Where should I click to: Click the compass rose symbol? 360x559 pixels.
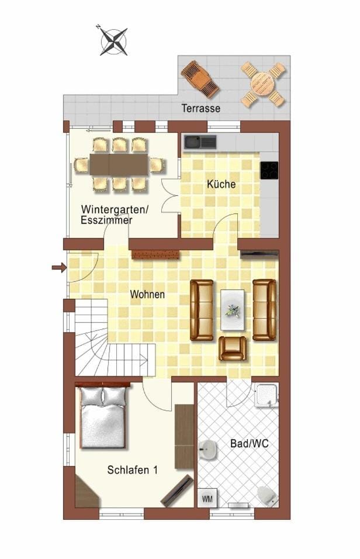coord(113,40)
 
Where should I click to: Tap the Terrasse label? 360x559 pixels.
coord(200,108)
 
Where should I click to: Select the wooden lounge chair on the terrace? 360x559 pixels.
coord(199,78)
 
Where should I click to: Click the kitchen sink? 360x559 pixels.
coord(199,142)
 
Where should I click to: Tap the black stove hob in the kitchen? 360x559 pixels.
coord(269,170)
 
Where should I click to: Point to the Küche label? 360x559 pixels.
coord(221,184)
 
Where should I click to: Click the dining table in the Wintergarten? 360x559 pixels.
coord(119,164)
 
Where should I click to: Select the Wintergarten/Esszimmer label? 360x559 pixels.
coord(115,215)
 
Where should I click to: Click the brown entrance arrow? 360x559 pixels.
coord(59,267)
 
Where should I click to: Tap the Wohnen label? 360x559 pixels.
coord(147,294)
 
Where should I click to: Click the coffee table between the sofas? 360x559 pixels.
coord(233,310)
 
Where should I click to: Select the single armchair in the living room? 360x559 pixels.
coord(233,348)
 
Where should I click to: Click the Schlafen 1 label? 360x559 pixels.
coord(133,470)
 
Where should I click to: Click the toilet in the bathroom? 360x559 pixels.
coord(268,496)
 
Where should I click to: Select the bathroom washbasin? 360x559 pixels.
coord(207,450)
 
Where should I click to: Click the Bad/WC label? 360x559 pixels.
coord(250,444)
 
